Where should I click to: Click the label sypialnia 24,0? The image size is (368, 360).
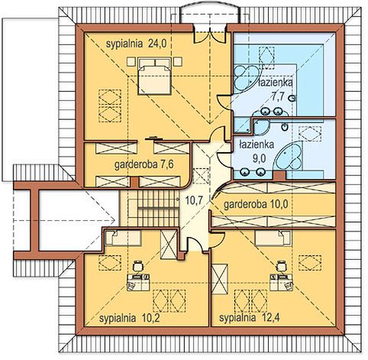pyautogui.click(x=136, y=44)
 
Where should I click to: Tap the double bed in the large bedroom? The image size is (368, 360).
pyautogui.click(x=154, y=76)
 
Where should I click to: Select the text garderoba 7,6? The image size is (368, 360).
pyautogui.click(x=144, y=165)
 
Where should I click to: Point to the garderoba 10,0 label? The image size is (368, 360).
pyautogui.click(x=256, y=204)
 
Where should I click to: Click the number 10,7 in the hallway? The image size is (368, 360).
pyautogui.click(x=194, y=200)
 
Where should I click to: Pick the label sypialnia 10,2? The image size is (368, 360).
pyautogui.click(x=130, y=318)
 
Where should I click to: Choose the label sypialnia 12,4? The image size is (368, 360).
pyautogui.click(x=250, y=318)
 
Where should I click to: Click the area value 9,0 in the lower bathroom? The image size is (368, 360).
pyautogui.click(x=259, y=158)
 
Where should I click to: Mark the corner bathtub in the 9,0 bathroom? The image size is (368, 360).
pyautogui.click(x=289, y=156)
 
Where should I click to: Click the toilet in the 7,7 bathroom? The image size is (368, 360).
pyautogui.click(x=292, y=98)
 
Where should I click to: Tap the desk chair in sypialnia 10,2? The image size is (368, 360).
pyautogui.click(x=137, y=266)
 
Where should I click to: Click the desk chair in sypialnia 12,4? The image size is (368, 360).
pyautogui.click(x=281, y=265)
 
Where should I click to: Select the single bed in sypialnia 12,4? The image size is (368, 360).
pyautogui.click(x=273, y=238)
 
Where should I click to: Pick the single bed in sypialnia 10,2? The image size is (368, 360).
pyautogui.click(x=123, y=238)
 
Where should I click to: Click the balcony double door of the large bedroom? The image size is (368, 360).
pyautogui.click(x=210, y=37)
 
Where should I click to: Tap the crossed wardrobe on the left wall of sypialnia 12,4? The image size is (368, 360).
pyautogui.click(x=219, y=279)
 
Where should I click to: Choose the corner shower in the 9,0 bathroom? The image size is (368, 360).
pyautogui.click(x=260, y=126)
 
